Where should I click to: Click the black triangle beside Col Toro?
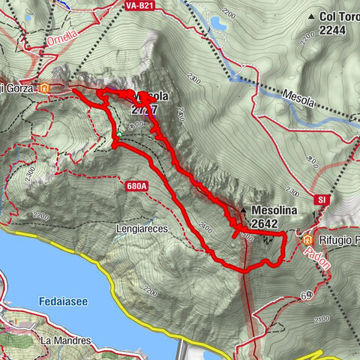point(310,16)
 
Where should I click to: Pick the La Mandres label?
point(66,340)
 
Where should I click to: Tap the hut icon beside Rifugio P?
point(307,239)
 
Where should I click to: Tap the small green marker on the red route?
point(118,134)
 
